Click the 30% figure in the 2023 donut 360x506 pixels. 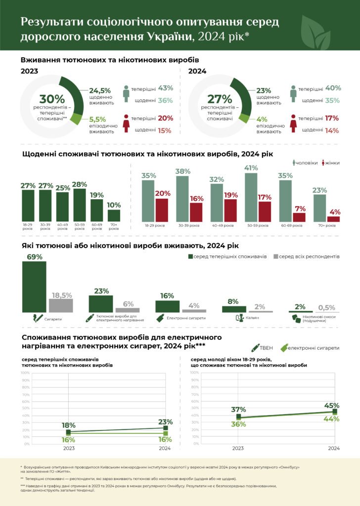pos(49,99)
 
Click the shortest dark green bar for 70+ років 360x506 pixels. pos(114,215)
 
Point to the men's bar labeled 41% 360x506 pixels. pos(251,197)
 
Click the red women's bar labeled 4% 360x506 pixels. pos(334,218)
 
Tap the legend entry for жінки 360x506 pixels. pos(331,163)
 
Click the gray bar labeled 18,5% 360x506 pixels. pos(61,305)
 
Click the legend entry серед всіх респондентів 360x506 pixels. pos(307,257)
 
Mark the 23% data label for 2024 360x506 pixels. pos(165,422)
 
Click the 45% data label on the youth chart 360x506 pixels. pos(332,406)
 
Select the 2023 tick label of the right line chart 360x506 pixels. pos(238,449)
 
